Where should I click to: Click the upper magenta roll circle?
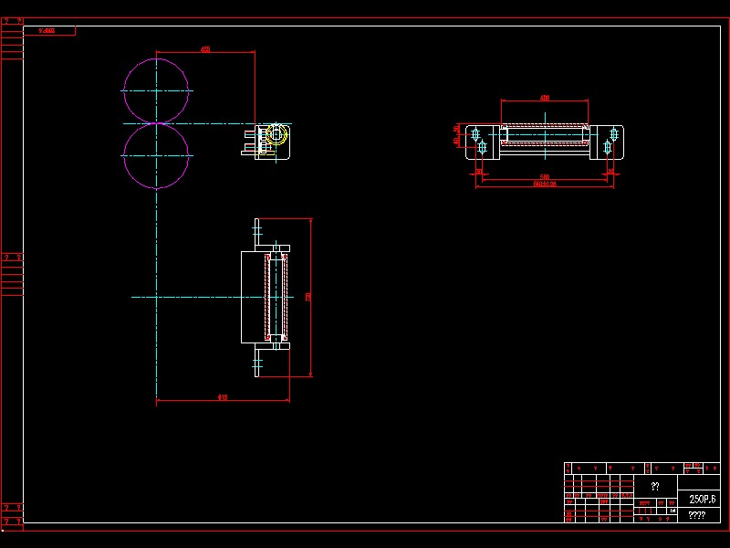156,90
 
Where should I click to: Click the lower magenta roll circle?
156,156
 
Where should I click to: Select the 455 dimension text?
205,49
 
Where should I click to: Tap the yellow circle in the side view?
276,135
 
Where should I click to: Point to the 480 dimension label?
545,97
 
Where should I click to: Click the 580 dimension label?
544,176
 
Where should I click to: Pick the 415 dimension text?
222,397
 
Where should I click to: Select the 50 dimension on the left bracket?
457,129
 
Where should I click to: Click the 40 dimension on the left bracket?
457,141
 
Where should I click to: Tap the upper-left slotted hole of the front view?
475,134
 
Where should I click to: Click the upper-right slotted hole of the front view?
614,134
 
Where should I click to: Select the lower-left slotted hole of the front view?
482,147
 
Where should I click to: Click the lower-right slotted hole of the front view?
608,147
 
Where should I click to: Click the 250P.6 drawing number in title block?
703,500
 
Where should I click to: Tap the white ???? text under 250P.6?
696,515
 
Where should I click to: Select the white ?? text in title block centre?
655,487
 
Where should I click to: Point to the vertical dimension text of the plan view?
308,297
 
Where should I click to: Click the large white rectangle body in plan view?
252,297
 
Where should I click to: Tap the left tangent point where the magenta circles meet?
156,123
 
